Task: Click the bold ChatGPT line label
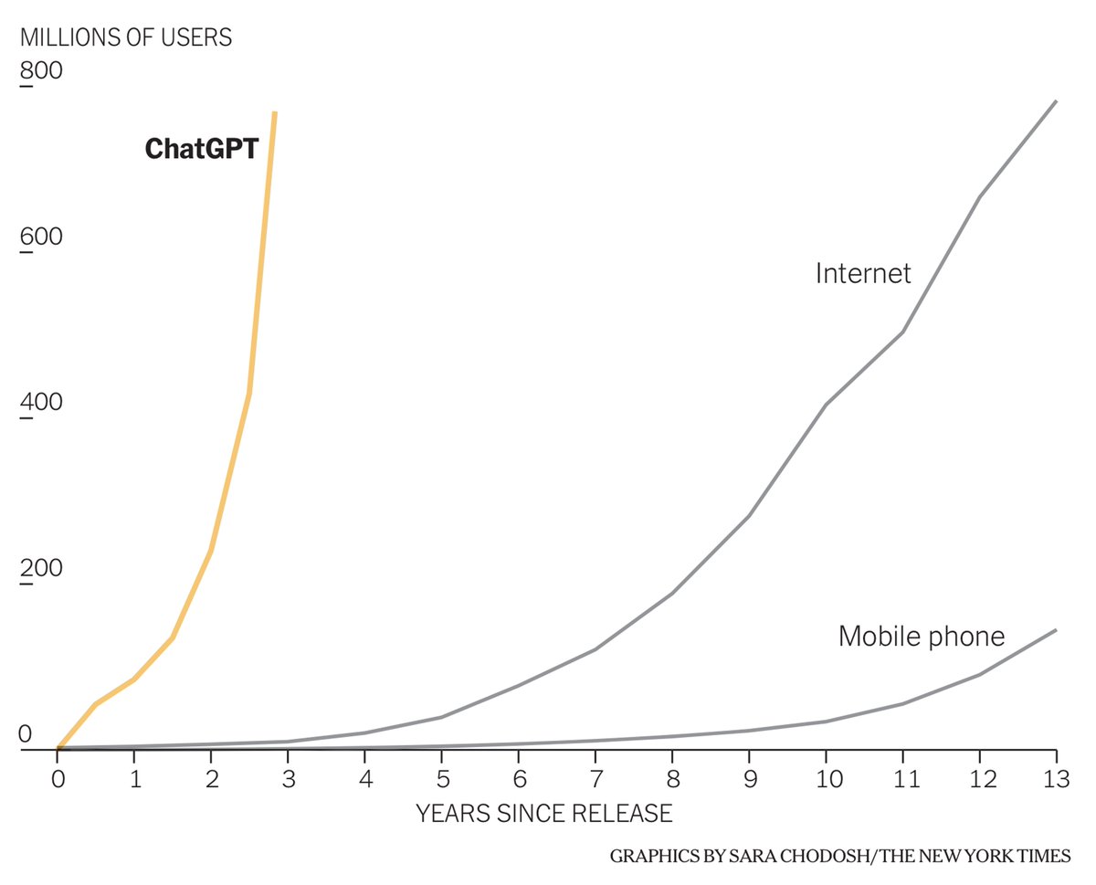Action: [202, 149]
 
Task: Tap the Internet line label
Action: [863, 273]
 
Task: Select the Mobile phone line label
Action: [922, 636]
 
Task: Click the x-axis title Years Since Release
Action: [544, 813]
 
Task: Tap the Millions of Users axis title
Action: [126, 37]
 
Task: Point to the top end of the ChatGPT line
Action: [275, 113]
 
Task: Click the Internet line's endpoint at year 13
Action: [1056, 101]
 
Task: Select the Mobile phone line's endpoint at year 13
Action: [1056, 630]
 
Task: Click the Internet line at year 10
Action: [827, 404]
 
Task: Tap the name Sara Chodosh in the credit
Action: [783, 857]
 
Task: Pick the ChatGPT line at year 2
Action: [211, 551]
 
